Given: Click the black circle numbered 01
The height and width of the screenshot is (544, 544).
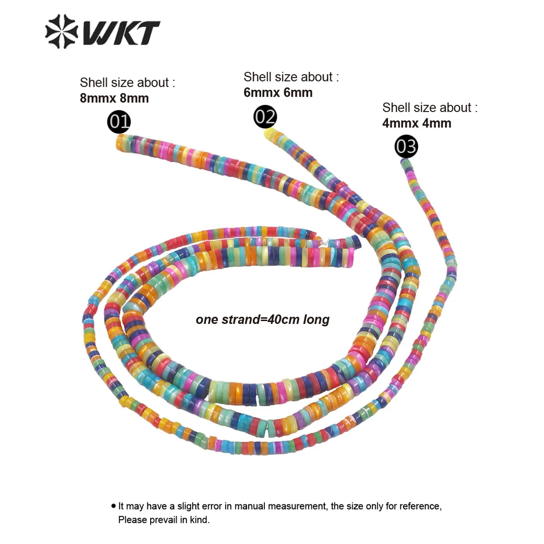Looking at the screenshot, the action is pyautogui.click(x=119, y=122).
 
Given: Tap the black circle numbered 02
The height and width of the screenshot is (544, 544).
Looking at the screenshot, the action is pyautogui.click(x=265, y=117).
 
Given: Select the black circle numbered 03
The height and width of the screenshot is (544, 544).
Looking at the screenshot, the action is pyautogui.click(x=406, y=146).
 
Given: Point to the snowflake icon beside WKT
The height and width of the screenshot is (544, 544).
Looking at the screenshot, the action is pyautogui.click(x=62, y=31).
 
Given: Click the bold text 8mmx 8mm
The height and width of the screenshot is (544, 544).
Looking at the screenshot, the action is pyautogui.click(x=114, y=98).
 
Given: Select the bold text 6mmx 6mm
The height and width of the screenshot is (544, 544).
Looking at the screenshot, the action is pyautogui.click(x=278, y=93).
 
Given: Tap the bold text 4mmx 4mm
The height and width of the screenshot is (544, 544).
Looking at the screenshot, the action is pyautogui.click(x=416, y=123).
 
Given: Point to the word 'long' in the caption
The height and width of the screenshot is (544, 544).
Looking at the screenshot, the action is pyautogui.click(x=316, y=320).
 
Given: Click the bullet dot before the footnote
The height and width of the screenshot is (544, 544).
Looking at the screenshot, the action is pyautogui.click(x=113, y=506).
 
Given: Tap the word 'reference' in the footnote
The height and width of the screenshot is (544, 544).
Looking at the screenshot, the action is pyautogui.click(x=418, y=506).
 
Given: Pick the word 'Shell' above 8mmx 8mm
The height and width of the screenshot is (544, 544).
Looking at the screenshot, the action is pyautogui.click(x=94, y=83).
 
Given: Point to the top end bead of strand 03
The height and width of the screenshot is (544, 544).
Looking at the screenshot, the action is pyautogui.click(x=406, y=163).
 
